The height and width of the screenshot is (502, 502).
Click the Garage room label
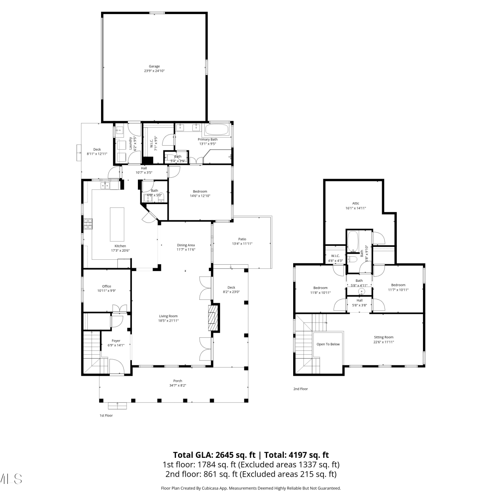pos(154,66)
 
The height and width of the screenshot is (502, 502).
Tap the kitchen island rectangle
pos(117,224)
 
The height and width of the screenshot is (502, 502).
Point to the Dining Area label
pos(186,245)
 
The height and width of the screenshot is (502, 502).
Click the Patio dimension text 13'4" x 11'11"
pos(242,244)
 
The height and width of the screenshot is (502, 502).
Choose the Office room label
pos(106,286)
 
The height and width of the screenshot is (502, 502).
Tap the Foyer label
pos(116,341)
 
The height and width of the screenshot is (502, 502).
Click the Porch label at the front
pos(178,381)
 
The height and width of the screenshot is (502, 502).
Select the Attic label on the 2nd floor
pos(356,203)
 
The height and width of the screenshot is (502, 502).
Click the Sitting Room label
pos(384,337)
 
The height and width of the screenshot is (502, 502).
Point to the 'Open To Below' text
pos(328,344)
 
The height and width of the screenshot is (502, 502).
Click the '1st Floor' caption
pos(106,415)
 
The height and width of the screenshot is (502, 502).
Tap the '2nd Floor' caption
pos(301,389)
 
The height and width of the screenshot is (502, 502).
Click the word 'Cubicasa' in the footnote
pos(211,488)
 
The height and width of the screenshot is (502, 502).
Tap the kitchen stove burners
pos(88,224)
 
